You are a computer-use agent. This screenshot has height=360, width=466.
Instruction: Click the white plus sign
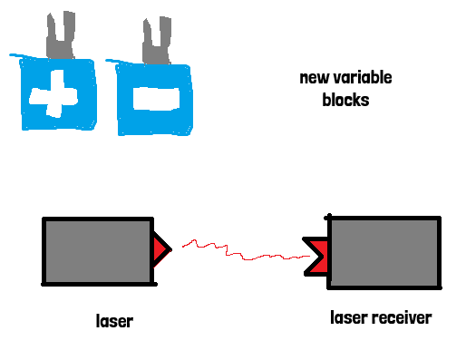click(53, 94)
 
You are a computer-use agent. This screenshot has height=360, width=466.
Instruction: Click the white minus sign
click(156, 99)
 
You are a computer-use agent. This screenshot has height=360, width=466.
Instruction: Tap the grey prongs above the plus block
click(61, 34)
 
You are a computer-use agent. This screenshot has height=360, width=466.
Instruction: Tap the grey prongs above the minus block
click(157, 40)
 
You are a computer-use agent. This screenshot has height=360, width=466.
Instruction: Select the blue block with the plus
click(58, 94)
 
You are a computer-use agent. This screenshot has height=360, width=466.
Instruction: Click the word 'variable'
click(362, 77)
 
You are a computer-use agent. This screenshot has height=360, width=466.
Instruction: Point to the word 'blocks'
click(345, 100)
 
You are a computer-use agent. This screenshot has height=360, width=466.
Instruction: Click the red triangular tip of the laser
click(160, 250)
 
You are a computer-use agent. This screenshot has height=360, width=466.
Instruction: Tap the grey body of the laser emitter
click(98, 251)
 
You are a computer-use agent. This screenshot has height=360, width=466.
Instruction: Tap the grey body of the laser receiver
click(384, 253)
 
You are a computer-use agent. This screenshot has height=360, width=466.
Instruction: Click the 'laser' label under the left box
click(114, 321)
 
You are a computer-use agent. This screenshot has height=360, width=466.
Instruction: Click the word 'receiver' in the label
click(402, 318)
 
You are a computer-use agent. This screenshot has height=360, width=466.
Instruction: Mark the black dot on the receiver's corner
click(328, 217)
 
